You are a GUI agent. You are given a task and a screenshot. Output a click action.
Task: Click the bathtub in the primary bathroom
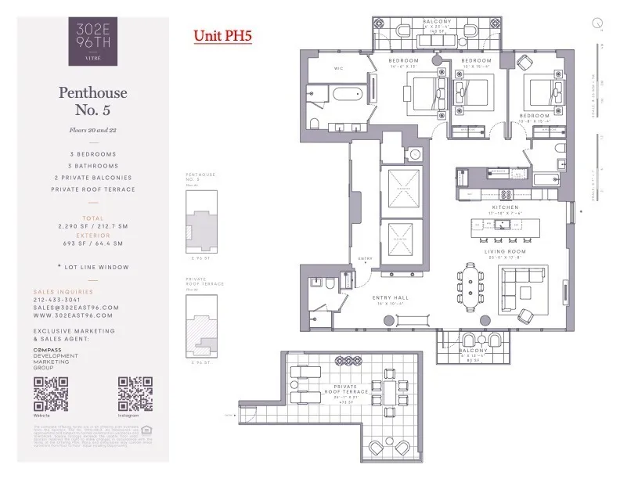pos(348,99)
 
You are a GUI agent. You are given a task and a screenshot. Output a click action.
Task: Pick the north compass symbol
pos(597,24)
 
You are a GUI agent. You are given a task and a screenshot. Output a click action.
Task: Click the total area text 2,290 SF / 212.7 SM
pos(93,225)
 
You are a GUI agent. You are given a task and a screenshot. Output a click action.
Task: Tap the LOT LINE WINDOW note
pos(93,267)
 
